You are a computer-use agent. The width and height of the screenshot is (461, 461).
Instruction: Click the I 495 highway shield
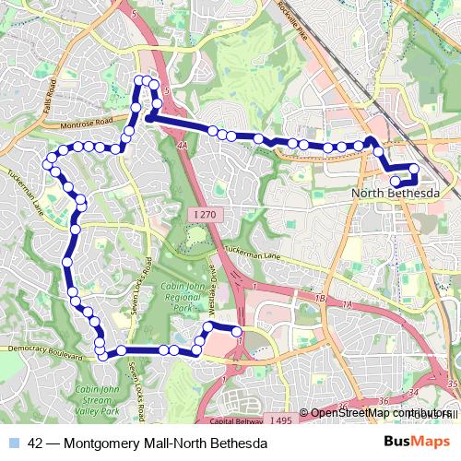[281, 420]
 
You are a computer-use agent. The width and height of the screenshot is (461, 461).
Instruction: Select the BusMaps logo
[418, 442]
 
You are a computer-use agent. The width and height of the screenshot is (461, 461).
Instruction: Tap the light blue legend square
[16, 443]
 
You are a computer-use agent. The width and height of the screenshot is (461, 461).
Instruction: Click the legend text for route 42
[148, 443]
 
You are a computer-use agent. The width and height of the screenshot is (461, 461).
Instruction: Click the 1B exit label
[321, 300]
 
